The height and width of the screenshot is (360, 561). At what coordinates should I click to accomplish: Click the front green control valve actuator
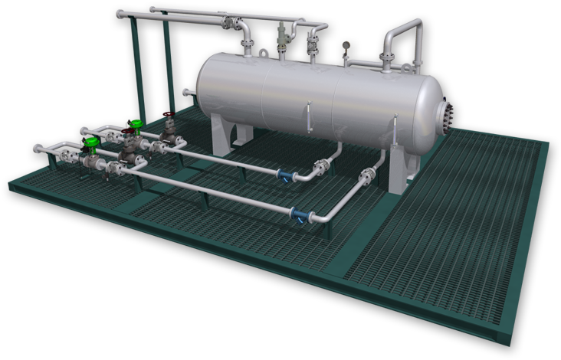coord(92,142)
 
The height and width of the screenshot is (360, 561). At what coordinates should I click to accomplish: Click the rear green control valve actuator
coord(136,123)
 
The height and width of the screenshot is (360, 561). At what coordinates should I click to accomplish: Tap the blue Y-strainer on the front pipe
coord(297,215)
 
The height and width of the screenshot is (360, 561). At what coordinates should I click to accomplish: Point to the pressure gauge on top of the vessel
coord(346,46)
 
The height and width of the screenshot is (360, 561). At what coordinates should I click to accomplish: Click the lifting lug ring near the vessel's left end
coord(263,53)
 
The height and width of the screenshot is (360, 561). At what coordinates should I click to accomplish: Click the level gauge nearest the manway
coord(394,129)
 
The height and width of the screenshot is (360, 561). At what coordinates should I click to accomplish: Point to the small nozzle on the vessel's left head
coord(187,93)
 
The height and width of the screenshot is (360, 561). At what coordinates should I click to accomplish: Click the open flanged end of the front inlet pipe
coord(36,148)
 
